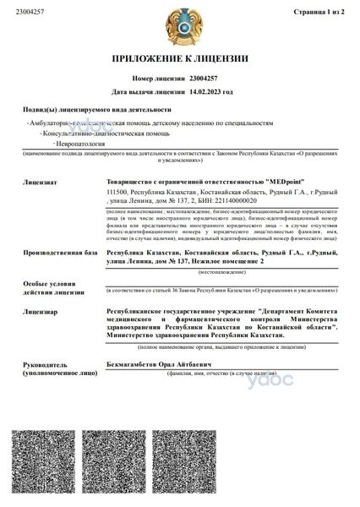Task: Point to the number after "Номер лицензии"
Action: pos(205,76)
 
